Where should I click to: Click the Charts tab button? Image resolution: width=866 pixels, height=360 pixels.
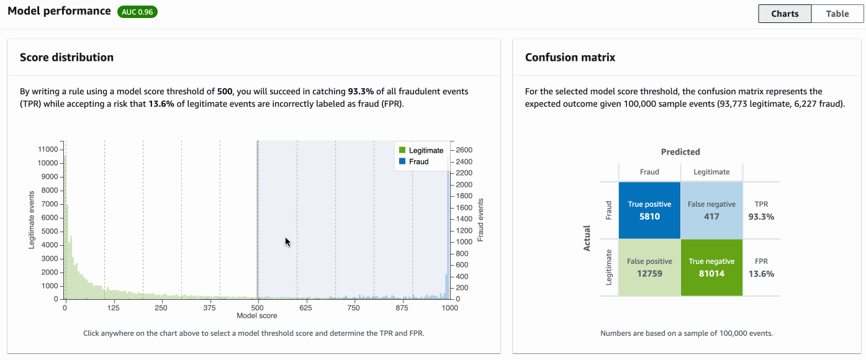pos(785,14)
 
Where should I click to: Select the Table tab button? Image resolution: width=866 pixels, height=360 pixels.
pos(837,14)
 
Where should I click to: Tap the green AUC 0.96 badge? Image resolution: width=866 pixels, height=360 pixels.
pos(137,12)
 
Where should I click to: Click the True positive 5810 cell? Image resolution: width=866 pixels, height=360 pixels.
pos(649,210)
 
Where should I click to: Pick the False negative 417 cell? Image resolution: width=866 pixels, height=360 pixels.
pos(711,210)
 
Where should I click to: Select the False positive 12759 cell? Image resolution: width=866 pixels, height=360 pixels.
pos(649,268)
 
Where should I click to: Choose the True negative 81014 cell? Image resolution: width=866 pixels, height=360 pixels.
pos(711,268)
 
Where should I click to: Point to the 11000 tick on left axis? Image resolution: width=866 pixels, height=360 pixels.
pos(48,150)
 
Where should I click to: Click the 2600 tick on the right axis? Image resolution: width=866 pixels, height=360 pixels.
pos(464,150)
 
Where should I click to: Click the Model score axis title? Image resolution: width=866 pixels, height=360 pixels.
pos(257,316)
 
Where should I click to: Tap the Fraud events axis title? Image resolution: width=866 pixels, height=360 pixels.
pos(480,220)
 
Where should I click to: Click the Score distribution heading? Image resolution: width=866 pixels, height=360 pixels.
pos(66,57)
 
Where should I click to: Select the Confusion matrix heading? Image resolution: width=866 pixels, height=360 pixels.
pos(570,57)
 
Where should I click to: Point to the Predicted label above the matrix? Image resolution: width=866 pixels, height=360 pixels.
pos(680,151)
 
